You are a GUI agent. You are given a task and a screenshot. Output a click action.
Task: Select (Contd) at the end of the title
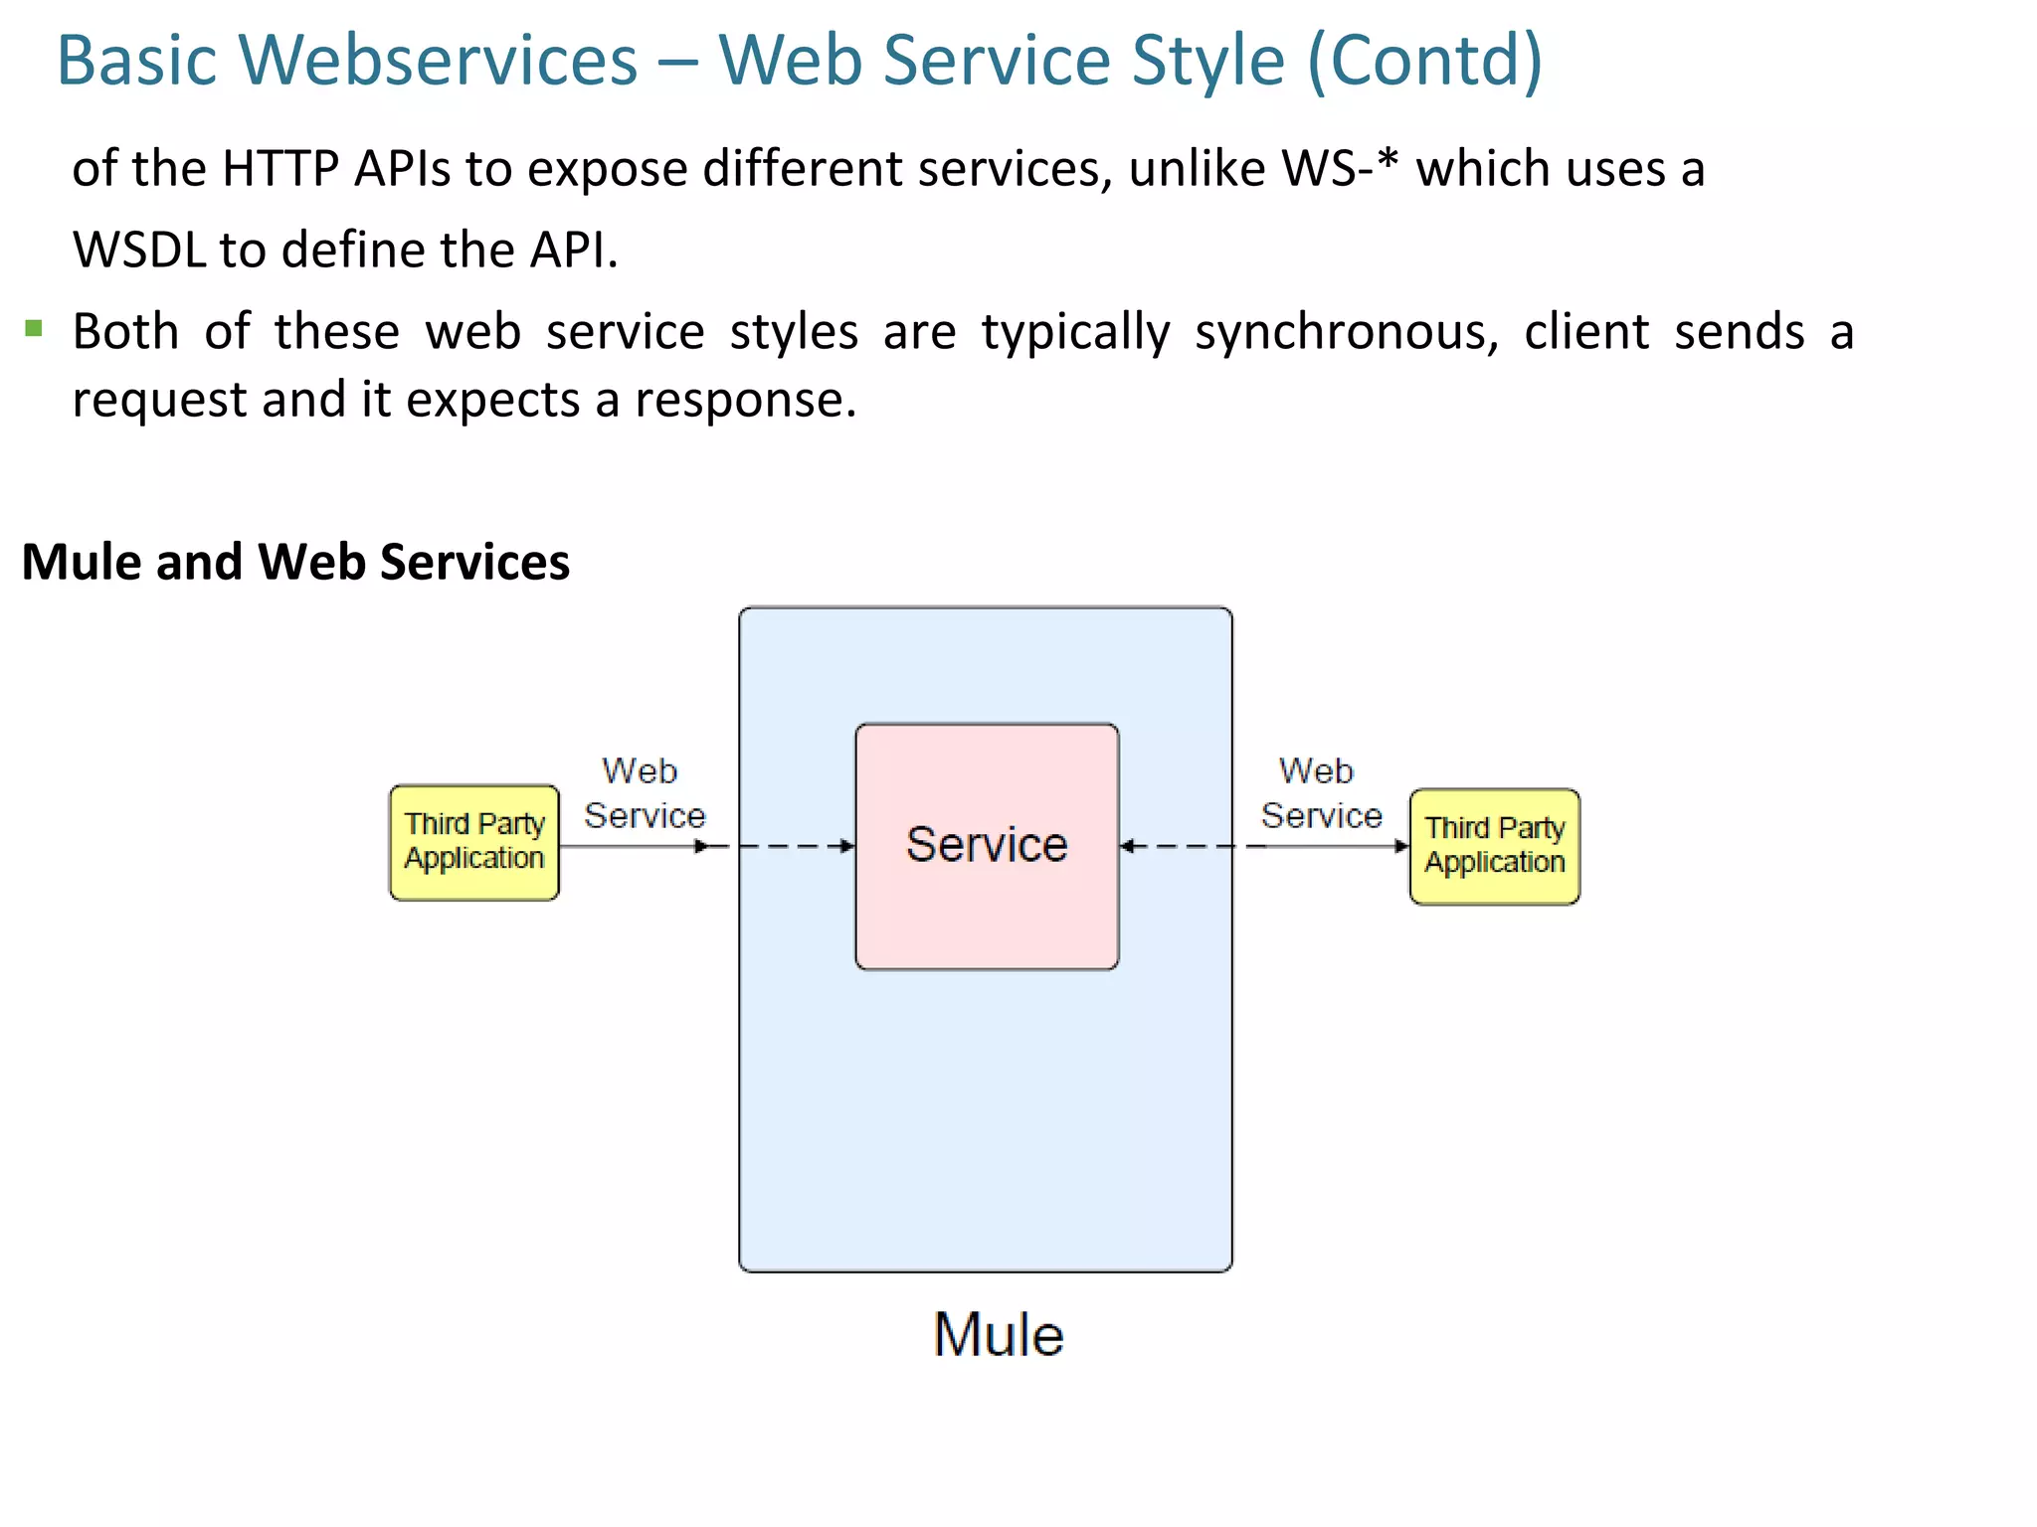(1424, 62)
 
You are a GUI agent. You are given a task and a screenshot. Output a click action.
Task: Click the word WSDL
(138, 251)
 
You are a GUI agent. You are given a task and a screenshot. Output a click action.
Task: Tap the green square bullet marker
(34, 328)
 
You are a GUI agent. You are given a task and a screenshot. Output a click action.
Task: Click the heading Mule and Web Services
(295, 562)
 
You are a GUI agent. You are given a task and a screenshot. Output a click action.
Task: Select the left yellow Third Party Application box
(474, 842)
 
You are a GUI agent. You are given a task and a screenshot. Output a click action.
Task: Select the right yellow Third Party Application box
(1494, 846)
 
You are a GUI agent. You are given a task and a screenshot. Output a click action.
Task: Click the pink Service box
(987, 846)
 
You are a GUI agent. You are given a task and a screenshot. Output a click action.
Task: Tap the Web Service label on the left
(644, 793)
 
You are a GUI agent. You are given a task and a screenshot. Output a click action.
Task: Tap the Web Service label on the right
(1321, 793)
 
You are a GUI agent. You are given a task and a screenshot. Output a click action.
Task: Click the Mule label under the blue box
(998, 1334)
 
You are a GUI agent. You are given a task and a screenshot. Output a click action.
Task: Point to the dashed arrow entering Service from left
(796, 846)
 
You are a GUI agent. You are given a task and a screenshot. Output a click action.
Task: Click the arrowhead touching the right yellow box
(1400, 846)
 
